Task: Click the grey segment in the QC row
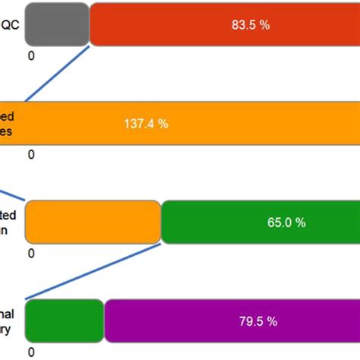click(58, 24)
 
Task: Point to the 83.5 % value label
click(251, 24)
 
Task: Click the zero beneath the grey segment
click(31, 55)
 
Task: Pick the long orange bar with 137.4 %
click(190, 122)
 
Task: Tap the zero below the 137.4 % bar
click(31, 155)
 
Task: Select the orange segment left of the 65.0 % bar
click(93, 222)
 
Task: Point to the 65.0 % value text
click(286, 223)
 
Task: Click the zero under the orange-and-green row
click(31, 254)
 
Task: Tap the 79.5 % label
click(258, 321)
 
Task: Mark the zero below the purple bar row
click(31, 352)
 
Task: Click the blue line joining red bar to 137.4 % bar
click(59, 73)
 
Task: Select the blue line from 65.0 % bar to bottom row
click(91, 272)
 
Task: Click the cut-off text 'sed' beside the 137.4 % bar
click(11, 116)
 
